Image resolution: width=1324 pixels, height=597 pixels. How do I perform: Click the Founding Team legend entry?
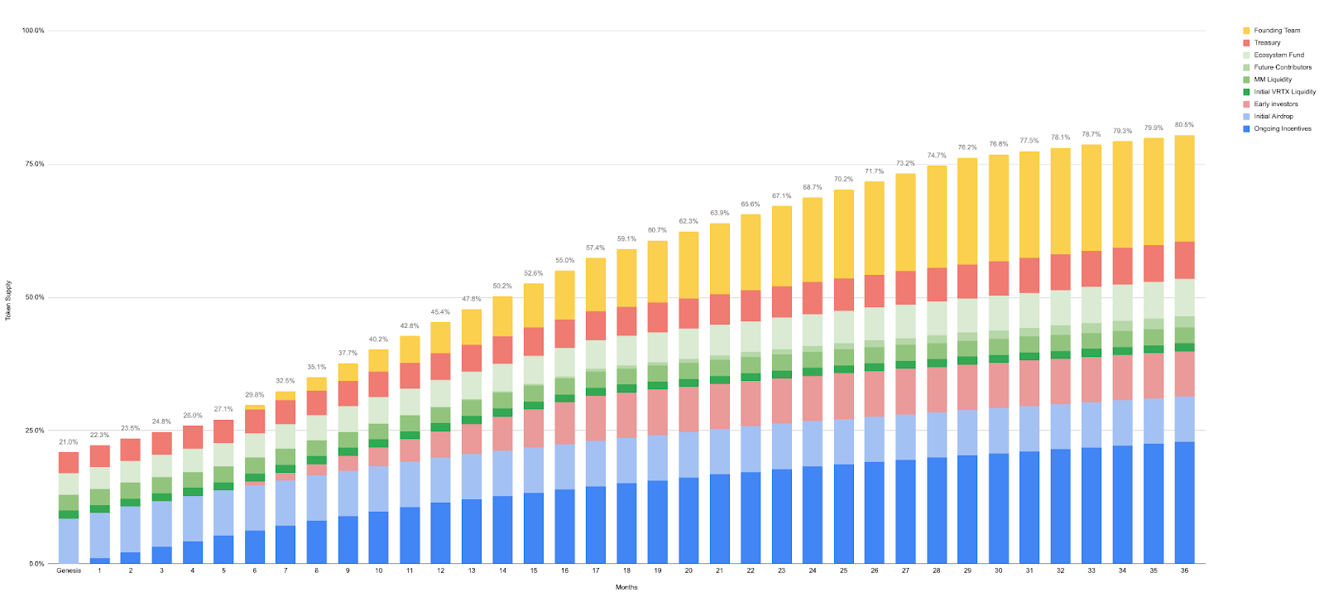click(1276, 31)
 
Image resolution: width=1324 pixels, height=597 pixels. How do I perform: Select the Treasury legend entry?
click(1266, 43)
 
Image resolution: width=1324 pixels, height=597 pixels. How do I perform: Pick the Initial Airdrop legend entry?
click(1273, 117)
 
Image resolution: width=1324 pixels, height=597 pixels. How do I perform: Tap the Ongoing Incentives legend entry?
click(1282, 129)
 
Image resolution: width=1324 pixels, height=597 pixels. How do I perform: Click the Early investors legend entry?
click(1275, 104)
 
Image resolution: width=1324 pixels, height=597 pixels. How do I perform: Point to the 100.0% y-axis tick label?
click(33, 31)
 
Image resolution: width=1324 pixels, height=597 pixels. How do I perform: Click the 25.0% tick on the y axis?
click(35, 431)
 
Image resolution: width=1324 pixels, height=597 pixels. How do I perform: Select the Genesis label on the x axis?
click(69, 571)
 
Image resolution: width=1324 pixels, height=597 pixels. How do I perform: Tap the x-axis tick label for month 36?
click(1184, 571)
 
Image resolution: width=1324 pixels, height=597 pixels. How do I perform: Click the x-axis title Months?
click(626, 587)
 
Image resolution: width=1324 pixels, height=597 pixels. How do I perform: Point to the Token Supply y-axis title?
click(9, 301)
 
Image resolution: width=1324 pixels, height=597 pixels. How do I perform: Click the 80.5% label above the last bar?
click(1184, 125)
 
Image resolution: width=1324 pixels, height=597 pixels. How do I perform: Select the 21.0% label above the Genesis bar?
click(69, 442)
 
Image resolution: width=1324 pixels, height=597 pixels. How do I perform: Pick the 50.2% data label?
click(502, 286)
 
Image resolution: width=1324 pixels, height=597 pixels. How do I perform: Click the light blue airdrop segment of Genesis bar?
click(69, 541)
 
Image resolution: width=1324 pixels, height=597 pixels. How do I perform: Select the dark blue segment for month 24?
click(813, 514)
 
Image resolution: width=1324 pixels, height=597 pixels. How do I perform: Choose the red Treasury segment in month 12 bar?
click(440, 366)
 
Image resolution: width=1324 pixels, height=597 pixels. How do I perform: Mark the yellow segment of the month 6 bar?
click(254, 407)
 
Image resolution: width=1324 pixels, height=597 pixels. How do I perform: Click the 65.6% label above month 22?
click(751, 205)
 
